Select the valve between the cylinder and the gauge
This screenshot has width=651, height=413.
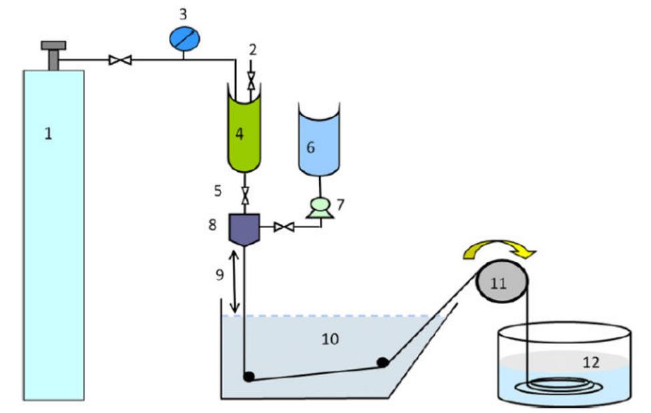coord(120,61)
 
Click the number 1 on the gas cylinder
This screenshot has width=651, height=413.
coord(48,134)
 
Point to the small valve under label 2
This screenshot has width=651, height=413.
coord(251,82)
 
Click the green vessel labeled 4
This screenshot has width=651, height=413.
coord(240,134)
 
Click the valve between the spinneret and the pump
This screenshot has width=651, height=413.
coord(284,227)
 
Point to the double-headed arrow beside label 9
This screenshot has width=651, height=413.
coord(234,281)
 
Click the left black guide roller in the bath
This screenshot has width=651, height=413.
coord(248,376)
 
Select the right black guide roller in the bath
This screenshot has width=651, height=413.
coord(382,363)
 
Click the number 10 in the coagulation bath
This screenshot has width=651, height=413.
coord(330,339)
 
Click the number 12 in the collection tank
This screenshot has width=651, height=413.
coord(590,362)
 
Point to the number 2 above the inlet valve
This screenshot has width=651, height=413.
coord(253,49)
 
